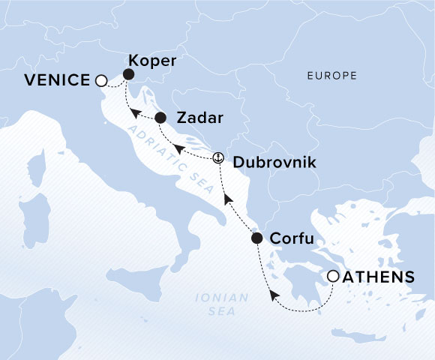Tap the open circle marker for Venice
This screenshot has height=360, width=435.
pyautogui.click(x=101, y=80)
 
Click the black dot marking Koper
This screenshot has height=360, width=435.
pyautogui.click(x=128, y=74)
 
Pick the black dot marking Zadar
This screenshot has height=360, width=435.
pyautogui.click(x=160, y=118)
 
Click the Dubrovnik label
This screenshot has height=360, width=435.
pyautogui.click(x=268, y=161)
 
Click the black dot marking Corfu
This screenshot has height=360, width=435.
pyautogui.click(x=256, y=239)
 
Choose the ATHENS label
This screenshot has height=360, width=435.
pyautogui.click(x=379, y=277)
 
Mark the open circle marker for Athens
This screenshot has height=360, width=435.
pyautogui.click(x=333, y=277)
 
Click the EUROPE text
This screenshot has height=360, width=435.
pyautogui.click(x=331, y=76)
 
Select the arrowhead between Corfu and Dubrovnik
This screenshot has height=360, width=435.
pyautogui.click(x=227, y=200)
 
